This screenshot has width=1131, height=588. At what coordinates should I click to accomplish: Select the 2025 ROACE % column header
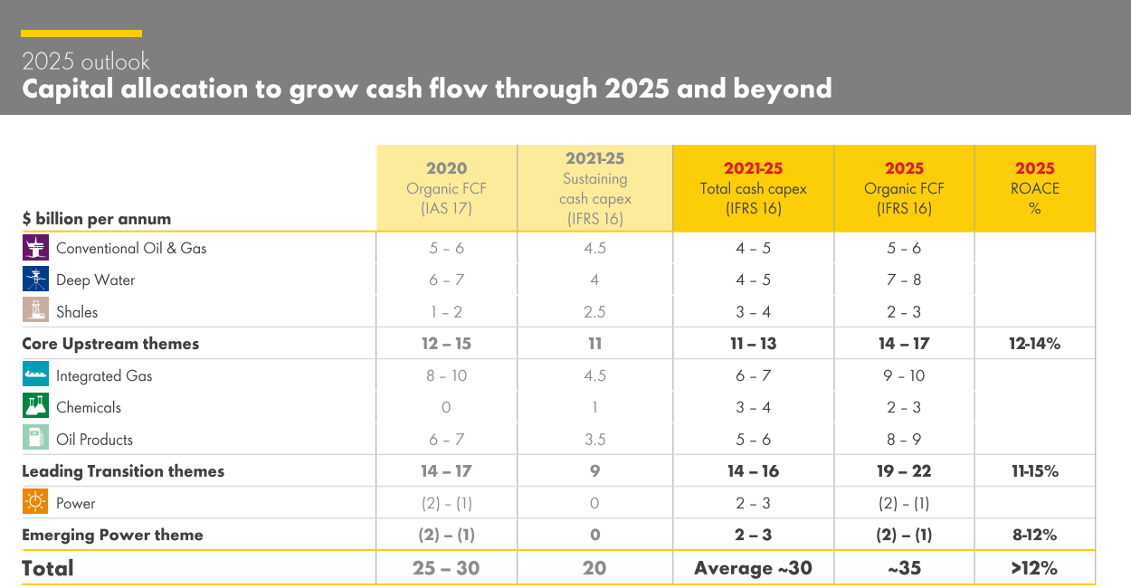[1034, 187]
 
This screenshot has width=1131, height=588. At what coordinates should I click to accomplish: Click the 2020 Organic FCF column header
[446, 187]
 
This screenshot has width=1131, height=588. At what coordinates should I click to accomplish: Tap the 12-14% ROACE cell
[1034, 344]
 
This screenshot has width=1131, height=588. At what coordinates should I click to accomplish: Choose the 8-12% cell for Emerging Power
[1034, 535]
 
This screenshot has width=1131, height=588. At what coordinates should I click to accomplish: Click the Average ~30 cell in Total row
[753, 568]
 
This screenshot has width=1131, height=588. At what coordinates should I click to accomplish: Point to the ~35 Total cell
[904, 568]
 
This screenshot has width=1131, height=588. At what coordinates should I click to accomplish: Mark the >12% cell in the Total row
[1034, 568]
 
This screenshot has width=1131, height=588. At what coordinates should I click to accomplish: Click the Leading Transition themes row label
[123, 471]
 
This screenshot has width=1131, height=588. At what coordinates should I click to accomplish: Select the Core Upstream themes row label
[110, 344]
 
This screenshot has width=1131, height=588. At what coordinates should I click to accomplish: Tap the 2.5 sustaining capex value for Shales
[594, 312]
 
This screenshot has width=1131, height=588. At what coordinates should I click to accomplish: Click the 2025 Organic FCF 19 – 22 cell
[904, 471]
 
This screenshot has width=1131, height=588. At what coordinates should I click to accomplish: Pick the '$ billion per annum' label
[97, 219]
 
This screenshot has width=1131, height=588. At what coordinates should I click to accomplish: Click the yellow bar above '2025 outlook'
[81, 33]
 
